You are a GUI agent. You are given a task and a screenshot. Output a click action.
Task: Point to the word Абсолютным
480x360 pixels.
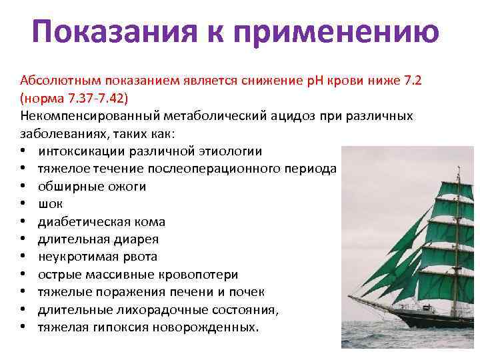(x=57, y=81)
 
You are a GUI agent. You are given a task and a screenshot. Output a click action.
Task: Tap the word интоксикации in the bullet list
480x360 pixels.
(x=81, y=151)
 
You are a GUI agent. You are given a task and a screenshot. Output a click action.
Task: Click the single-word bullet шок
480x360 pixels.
(x=49, y=204)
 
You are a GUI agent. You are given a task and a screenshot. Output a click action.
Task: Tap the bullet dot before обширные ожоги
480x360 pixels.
(x=23, y=187)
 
